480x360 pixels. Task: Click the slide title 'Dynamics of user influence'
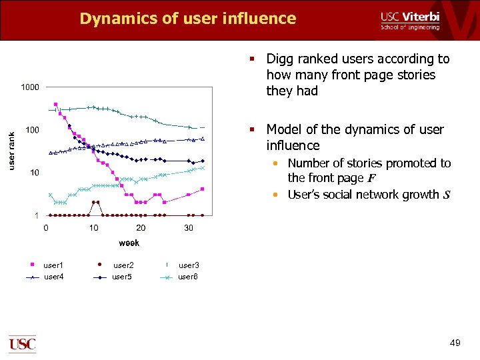pos(187,18)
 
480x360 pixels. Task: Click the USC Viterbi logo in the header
pos(409,20)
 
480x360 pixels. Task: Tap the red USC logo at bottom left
pos(22,344)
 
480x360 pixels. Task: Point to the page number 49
pos(455,343)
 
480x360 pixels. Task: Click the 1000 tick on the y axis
pos(30,87)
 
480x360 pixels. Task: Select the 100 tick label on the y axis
pos(32,130)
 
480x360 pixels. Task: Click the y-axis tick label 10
pos(34,173)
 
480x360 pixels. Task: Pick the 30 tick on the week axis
pos(189,228)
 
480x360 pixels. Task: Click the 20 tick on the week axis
pos(141,228)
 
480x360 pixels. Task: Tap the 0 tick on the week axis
pos(46,228)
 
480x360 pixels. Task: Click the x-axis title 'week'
pos(129,243)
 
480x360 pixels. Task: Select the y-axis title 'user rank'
pos(11,150)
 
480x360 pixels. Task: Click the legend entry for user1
pos(53,265)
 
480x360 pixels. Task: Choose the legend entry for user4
pos(53,277)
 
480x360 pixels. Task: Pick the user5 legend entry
pos(122,277)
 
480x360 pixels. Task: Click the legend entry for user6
pos(188,277)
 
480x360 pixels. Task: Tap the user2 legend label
pos(123,265)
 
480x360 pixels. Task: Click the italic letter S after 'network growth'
pos(446,195)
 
